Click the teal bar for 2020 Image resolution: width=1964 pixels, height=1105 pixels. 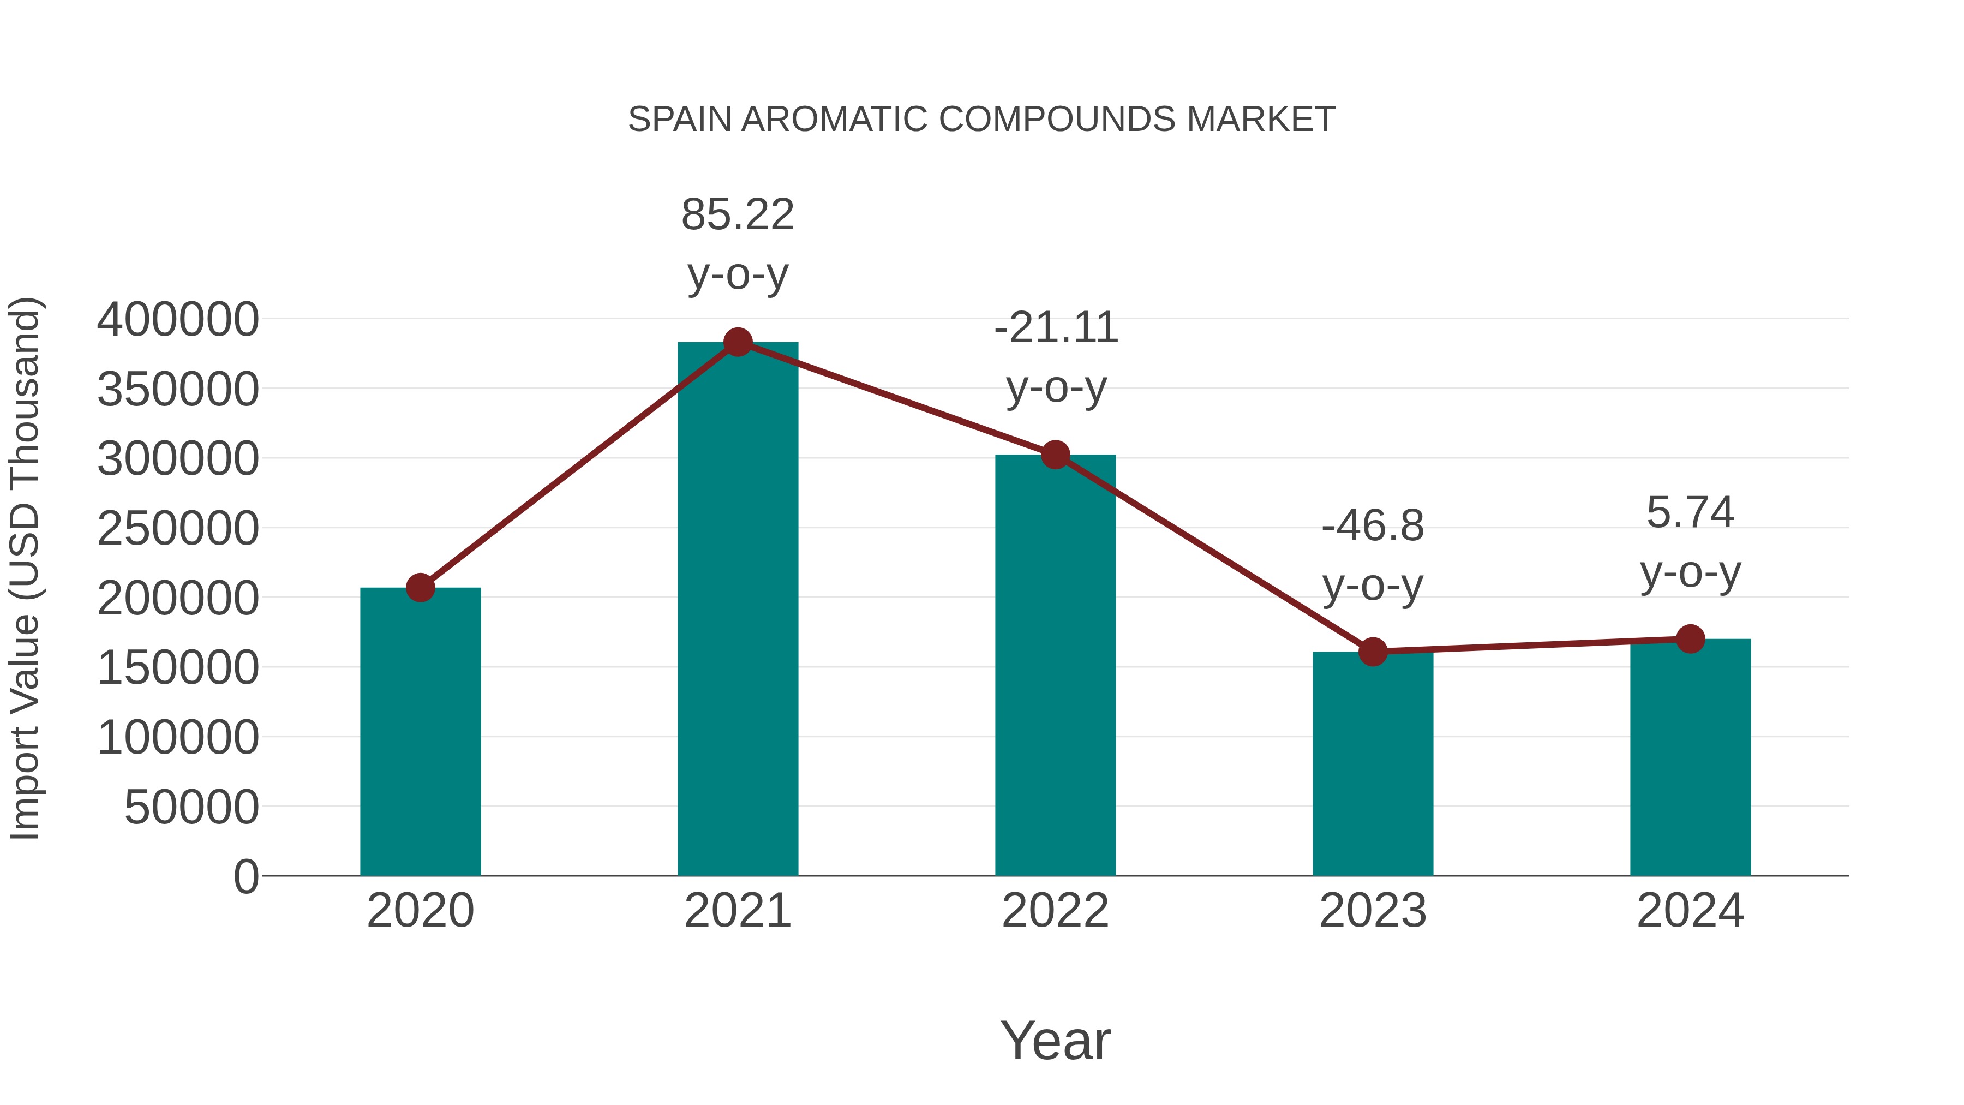pos(420,732)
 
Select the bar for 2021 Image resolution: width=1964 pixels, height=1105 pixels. pos(737,610)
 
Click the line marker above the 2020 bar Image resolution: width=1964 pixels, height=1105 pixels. pos(420,587)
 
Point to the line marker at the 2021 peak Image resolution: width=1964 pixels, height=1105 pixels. pos(737,342)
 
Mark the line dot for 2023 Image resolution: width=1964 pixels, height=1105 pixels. pos(1373,652)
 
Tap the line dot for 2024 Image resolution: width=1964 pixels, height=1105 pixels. pos(1690,639)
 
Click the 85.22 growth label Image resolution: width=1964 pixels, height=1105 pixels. pos(737,214)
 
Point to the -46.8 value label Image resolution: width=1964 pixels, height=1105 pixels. pos(1373,526)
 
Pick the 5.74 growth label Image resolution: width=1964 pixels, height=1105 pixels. pos(1690,512)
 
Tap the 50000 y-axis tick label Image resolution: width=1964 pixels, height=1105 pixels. pos(191,807)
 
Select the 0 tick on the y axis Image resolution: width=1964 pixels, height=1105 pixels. pos(246,876)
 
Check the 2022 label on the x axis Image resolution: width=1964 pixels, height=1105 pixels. pos(1055,911)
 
